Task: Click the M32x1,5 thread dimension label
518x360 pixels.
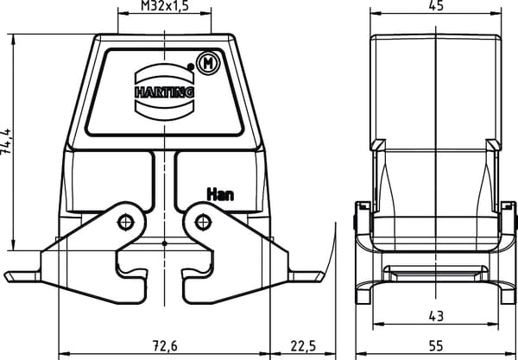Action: pos(165,6)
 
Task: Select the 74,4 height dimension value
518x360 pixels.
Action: pos(6,142)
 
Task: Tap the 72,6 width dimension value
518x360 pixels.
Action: pos(165,346)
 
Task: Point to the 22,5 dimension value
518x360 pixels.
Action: pos(303,346)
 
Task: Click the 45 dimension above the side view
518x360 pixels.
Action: pos(436,6)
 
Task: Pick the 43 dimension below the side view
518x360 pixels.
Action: pos(436,317)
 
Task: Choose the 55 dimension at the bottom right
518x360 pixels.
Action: pos(436,346)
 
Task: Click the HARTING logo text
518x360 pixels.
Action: pos(165,92)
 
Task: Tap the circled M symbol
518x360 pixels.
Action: pos(208,63)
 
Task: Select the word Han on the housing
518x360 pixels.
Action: pos(220,194)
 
